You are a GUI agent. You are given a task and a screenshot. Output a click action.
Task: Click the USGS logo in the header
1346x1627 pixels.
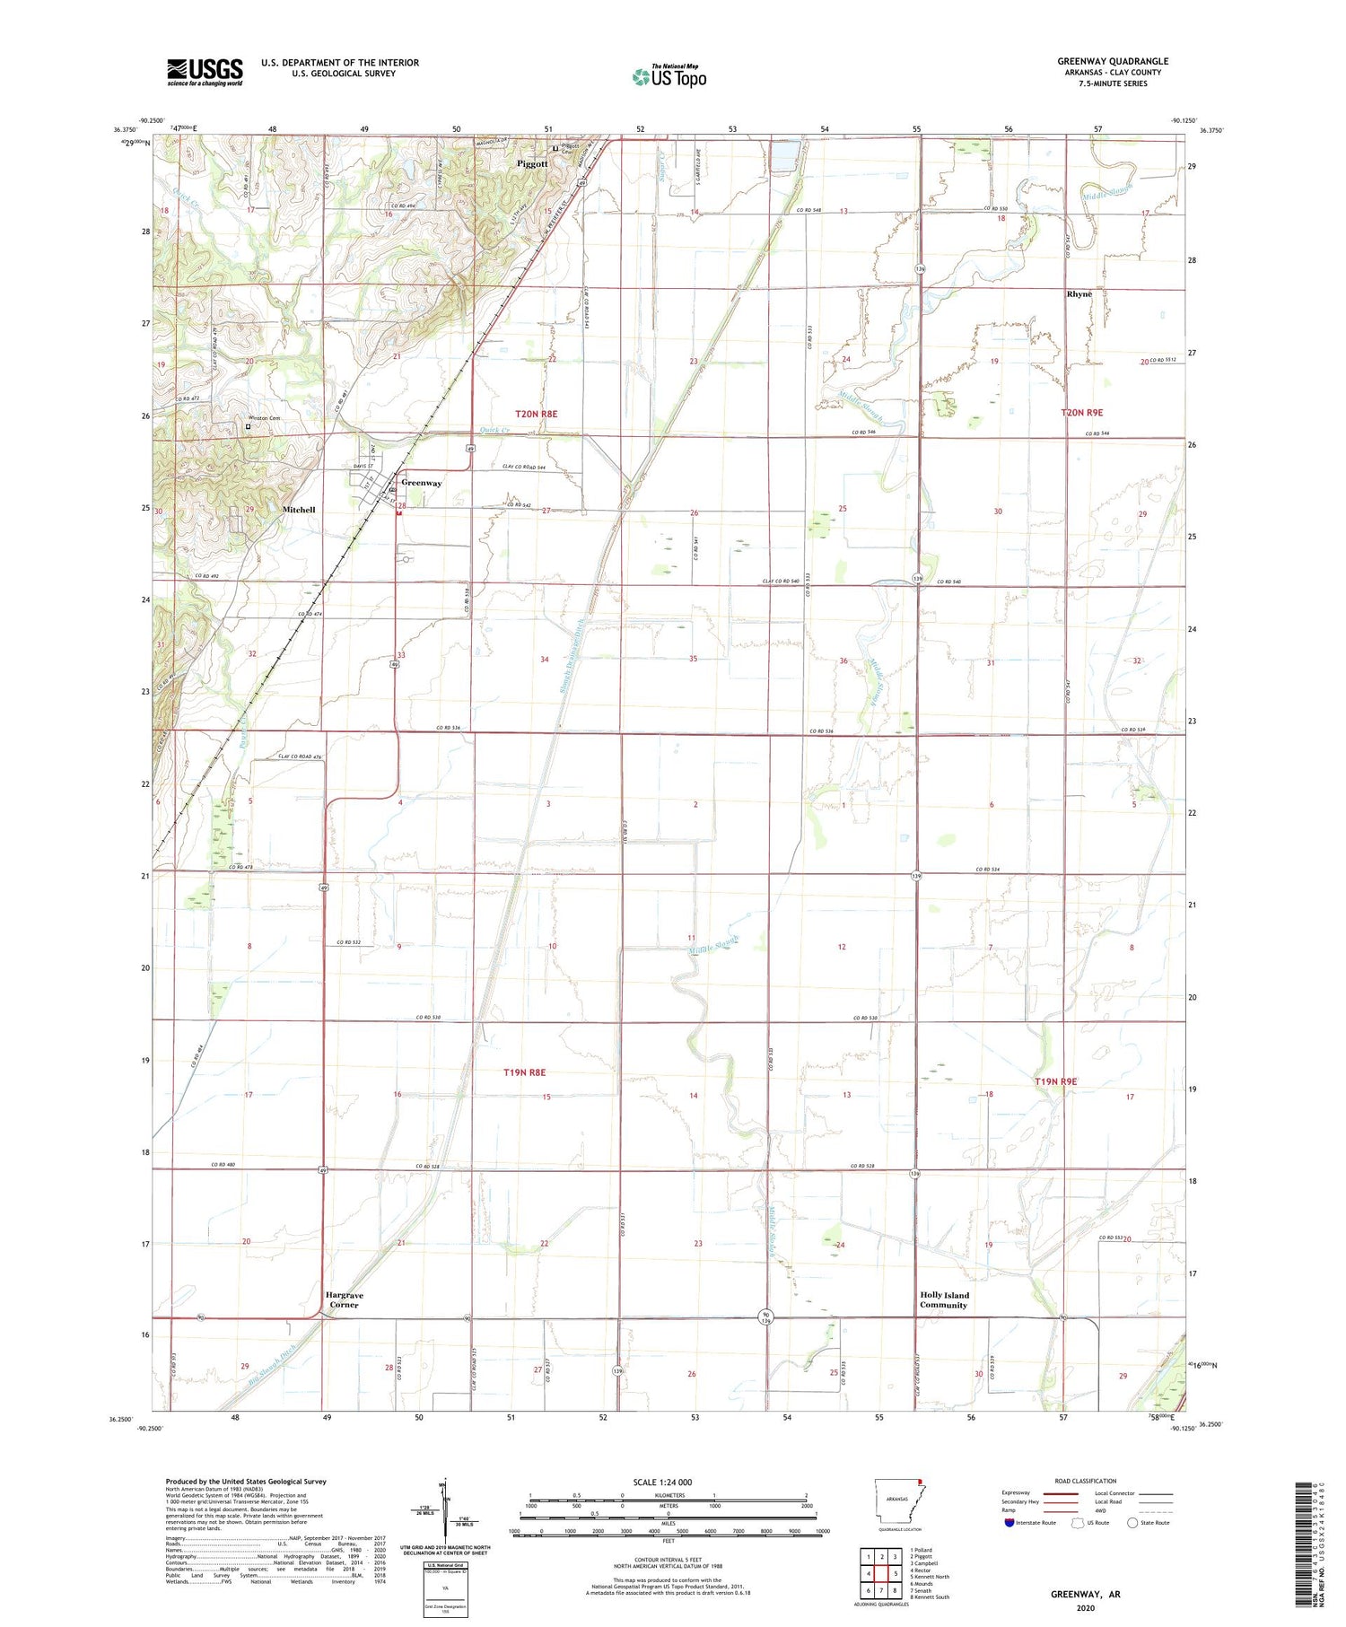(x=205, y=72)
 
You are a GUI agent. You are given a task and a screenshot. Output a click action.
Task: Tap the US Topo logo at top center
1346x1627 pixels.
(x=669, y=77)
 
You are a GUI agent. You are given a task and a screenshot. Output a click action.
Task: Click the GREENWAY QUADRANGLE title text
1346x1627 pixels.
(x=1112, y=61)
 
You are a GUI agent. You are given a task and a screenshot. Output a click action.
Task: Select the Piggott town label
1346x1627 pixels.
(x=532, y=164)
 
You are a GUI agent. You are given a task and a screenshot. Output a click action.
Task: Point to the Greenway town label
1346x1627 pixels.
(x=421, y=483)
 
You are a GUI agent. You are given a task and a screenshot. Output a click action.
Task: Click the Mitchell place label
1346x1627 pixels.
(x=299, y=510)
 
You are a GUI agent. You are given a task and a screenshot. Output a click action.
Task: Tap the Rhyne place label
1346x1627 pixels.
(x=1079, y=294)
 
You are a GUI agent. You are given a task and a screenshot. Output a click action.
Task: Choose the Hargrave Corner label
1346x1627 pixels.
(x=344, y=1299)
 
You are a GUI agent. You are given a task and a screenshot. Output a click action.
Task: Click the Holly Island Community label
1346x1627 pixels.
(x=944, y=1299)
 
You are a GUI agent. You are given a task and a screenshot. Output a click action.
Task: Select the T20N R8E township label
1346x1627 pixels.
(x=536, y=414)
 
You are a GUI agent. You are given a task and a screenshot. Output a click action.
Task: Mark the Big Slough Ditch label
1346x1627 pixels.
(x=273, y=1369)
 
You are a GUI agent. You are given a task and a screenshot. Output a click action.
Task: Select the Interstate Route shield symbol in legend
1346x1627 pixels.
(x=1009, y=1523)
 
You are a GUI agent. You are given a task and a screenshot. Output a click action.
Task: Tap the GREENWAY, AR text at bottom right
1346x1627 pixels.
(x=1085, y=1594)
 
